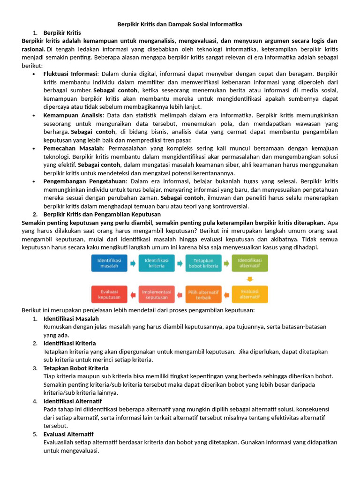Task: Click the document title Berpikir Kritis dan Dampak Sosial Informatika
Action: [x=180, y=24]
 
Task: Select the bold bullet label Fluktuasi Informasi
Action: [x=70, y=74]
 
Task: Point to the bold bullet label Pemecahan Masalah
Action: [x=73, y=148]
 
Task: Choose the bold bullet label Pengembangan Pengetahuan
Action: [x=85, y=181]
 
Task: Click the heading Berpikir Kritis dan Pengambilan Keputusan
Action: [x=102, y=214]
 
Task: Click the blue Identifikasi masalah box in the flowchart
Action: [x=109, y=263]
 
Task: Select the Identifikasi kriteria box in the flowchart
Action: [x=157, y=263]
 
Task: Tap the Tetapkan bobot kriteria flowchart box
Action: [x=203, y=263]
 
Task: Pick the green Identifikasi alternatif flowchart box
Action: [x=250, y=263]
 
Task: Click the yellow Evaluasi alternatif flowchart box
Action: [x=250, y=294]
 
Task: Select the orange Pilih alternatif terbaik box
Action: [x=203, y=294]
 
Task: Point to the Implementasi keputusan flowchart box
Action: [x=157, y=294]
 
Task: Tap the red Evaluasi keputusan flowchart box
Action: [x=109, y=294]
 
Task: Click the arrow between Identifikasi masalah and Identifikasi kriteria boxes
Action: [x=133, y=263]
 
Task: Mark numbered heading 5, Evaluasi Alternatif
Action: [x=68, y=434]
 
